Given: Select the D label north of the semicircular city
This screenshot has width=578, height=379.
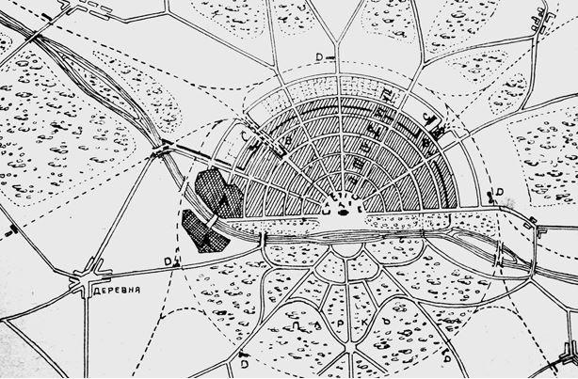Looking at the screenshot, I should click(x=320, y=58).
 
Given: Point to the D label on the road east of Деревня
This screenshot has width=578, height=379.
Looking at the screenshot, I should click(x=167, y=261).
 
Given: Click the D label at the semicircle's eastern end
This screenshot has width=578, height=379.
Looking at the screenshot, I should click(x=500, y=193).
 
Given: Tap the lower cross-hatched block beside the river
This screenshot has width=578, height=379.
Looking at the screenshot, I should click(x=203, y=230).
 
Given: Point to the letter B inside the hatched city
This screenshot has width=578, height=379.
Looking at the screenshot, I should click(x=287, y=140).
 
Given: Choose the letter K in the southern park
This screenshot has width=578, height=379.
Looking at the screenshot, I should click(x=361, y=324).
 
